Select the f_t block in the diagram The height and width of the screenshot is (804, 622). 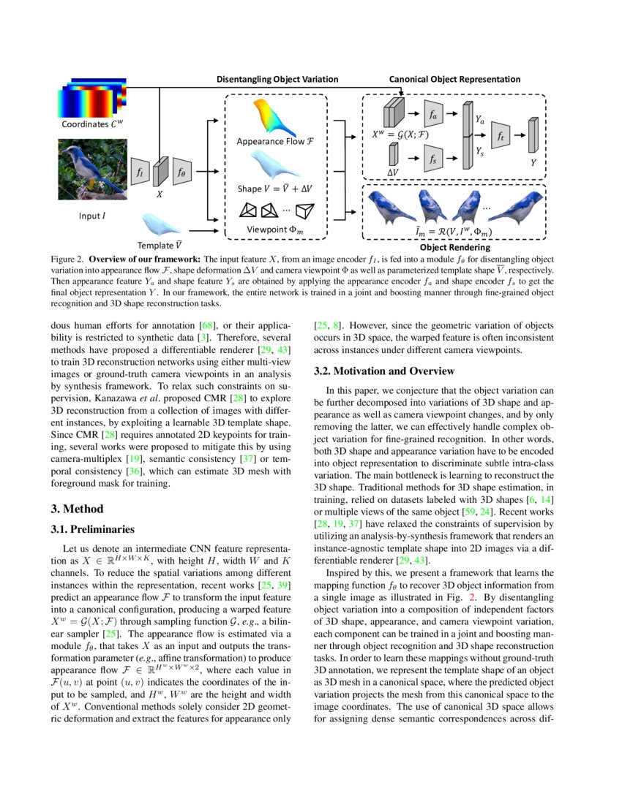(x=501, y=136)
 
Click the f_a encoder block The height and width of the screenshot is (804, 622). (x=433, y=113)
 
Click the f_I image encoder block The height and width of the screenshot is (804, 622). (x=139, y=172)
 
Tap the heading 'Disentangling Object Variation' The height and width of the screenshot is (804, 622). (x=277, y=79)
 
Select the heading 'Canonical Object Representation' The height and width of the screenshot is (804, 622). (x=454, y=79)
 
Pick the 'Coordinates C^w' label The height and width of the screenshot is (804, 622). (x=92, y=124)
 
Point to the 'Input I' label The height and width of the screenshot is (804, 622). (x=94, y=216)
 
